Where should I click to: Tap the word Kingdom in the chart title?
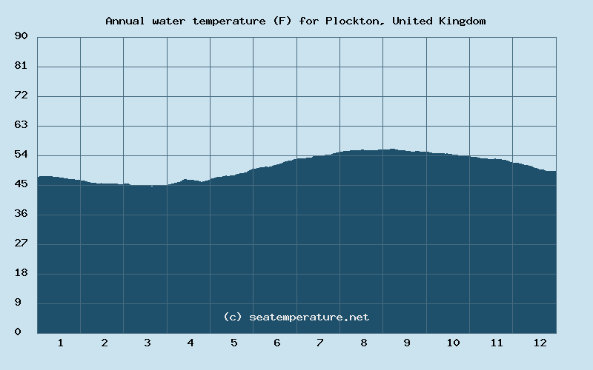(x=461, y=21)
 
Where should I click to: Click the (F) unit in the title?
(x=282, y=21)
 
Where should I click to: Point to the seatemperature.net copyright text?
(x=296, y=317)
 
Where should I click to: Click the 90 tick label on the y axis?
(x=21, y=36)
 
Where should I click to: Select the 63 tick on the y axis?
(x=21, y=125)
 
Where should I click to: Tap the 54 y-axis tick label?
(x=21, y=155)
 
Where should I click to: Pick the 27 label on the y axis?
(x=21, y=243)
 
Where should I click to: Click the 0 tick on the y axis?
(x=18, y=332)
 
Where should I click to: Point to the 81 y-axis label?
(x=21, y=66)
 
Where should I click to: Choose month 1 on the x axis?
(x=60, y=343)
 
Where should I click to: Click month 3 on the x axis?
(x=148, y=343)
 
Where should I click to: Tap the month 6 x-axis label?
(x=277, y=343)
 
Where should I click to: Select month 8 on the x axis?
(x=364, y=343)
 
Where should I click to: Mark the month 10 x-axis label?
(x=453, y=343)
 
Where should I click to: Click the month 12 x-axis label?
(x=540, y=343)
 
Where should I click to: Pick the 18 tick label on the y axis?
(x=21, y=273)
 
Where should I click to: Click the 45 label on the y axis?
(x=21, y=184)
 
